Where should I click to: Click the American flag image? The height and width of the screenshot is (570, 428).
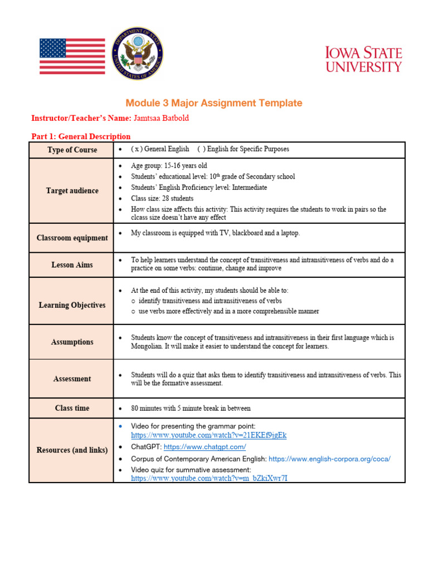[72, 56]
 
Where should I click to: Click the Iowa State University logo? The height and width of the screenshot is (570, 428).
[363, 60]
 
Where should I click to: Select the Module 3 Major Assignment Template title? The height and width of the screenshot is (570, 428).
[213, 103]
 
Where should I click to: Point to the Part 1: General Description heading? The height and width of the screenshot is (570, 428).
[81, 136]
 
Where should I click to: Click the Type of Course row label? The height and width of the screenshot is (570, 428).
[72, 150]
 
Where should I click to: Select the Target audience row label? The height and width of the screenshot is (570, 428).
[72, 191]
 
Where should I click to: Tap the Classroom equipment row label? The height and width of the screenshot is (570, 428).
[72, 238]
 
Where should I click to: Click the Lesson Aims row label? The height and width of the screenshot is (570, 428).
[72, 265]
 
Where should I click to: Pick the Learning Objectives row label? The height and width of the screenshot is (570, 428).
[72, 305]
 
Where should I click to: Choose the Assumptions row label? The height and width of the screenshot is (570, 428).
[72, 342]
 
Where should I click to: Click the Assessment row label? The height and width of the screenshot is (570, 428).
[72, 379]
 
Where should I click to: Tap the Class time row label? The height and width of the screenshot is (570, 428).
[72, 408]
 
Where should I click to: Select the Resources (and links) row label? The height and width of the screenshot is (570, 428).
[72, 450]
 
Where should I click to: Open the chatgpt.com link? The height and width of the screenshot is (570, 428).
[205, 447]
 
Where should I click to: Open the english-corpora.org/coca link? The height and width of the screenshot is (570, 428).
[329, 459]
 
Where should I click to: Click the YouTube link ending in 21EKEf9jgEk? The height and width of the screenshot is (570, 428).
[208, 435]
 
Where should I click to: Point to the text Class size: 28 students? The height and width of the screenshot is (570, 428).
[162, 198]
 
